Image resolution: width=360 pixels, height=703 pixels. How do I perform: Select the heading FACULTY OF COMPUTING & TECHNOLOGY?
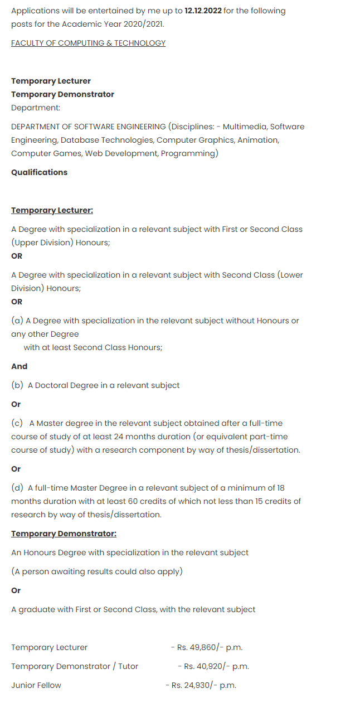tap(88, 43)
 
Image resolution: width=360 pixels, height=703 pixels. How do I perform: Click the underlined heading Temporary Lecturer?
tap(52, 210)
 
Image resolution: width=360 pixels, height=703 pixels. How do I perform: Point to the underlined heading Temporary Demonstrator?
tap(64, 534)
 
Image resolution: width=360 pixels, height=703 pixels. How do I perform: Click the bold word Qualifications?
tap(39, 172)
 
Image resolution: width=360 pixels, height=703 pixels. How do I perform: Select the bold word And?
tap(19, 366)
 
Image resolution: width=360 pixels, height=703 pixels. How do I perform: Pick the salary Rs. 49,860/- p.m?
tap(210, 647)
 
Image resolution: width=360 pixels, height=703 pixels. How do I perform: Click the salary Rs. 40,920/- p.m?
tap(216, 666)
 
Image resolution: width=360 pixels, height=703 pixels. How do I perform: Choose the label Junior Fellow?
tap(36, 685)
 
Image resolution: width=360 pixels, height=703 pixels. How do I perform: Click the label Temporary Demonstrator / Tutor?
tap(75, 666)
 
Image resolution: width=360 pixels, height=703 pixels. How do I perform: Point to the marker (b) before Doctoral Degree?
tap(17, 385)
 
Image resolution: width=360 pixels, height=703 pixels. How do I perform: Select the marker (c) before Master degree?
tap(17, 423)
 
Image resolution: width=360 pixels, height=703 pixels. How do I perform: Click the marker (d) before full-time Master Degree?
tap(17, 488)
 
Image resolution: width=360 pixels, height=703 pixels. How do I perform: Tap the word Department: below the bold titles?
tap(36, 108)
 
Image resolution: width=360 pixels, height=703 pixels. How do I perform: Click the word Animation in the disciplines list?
tap(258, 140)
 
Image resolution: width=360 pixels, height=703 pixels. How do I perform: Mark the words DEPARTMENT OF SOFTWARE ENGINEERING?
tap(88, 127)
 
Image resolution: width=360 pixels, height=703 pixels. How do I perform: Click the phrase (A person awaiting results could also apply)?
tap(97, 571)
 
